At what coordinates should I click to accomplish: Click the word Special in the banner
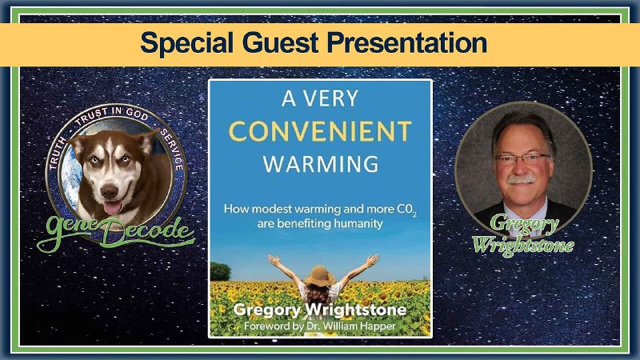[x=187, y=43]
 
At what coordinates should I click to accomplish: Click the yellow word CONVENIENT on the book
[x=320, y=131]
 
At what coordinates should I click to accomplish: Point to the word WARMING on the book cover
[x=321, y=164]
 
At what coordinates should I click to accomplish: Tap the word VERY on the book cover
[x=333, y=98]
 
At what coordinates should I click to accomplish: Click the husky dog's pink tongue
[x=113, y=208]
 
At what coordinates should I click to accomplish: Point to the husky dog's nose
[x=110, y=191]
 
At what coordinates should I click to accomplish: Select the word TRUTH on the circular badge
[x=57, y=154]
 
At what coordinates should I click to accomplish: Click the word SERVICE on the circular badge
[x=172, y=150]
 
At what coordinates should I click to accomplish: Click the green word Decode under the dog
[x=147, y=234]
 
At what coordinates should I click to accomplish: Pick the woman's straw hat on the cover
[x=320, y=276]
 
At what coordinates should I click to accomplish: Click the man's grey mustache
[x=522, y=178]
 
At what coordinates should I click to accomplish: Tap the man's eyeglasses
[x=522, y=158]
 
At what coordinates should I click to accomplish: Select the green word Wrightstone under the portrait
[x=523, y=246]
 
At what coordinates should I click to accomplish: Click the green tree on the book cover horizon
[x=221, y=272]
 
